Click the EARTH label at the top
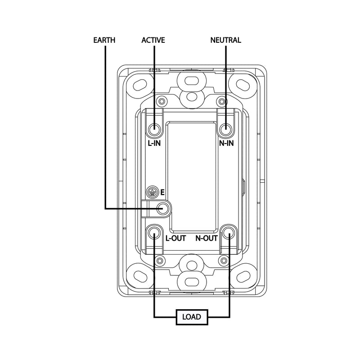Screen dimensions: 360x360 pyautogui.click(x=104, y=40)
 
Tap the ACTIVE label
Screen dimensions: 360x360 pyautogui.click(x=153, y=40)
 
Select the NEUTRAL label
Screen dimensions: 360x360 pyautogui.click(x=226, y=40)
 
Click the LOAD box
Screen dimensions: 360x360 pyautogui.click(x=192, y=317)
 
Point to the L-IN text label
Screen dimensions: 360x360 pyautogui.click(x=154, y=143)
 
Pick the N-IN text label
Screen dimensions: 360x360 pyautogui.click(x=226, y=143)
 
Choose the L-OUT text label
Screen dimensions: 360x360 pyautogui.click(x=175, y=238)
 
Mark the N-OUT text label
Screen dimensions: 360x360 pyautogui.click(x=206, y=238)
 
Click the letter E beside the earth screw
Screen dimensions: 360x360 pyautogui.click(x=162, y=193)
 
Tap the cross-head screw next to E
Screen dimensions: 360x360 pyautogui.click(x=153, y=192)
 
